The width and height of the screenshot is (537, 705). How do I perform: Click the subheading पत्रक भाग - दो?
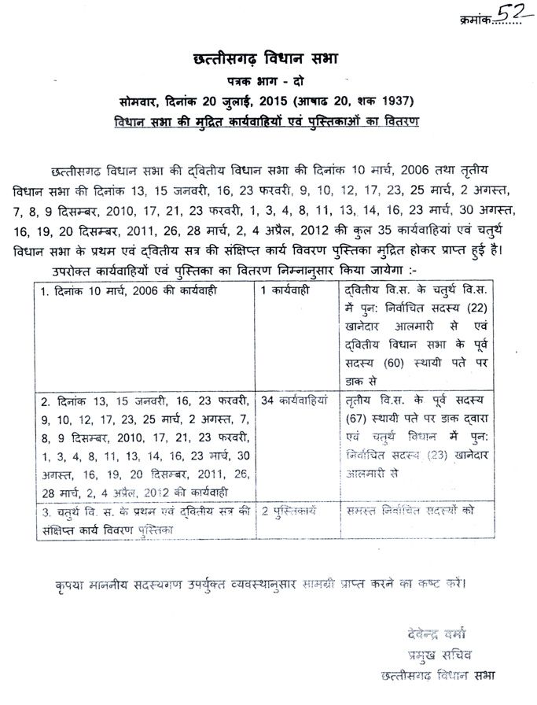pos(269,82)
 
